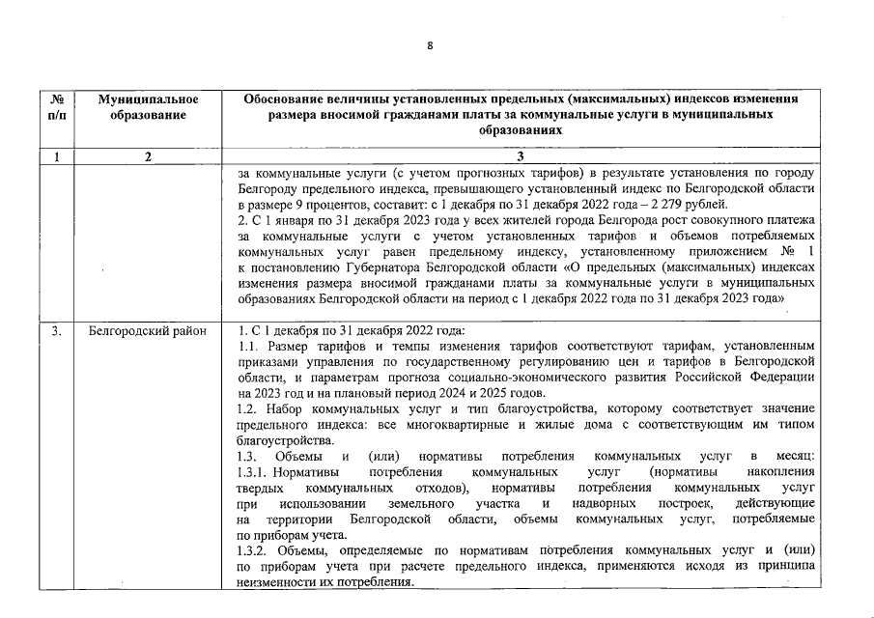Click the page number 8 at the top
pos(431,45)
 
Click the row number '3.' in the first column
pos(57,331)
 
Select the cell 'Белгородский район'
pos(147,331)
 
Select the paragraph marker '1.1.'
pos(248,347)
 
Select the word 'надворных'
pos(604,503)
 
